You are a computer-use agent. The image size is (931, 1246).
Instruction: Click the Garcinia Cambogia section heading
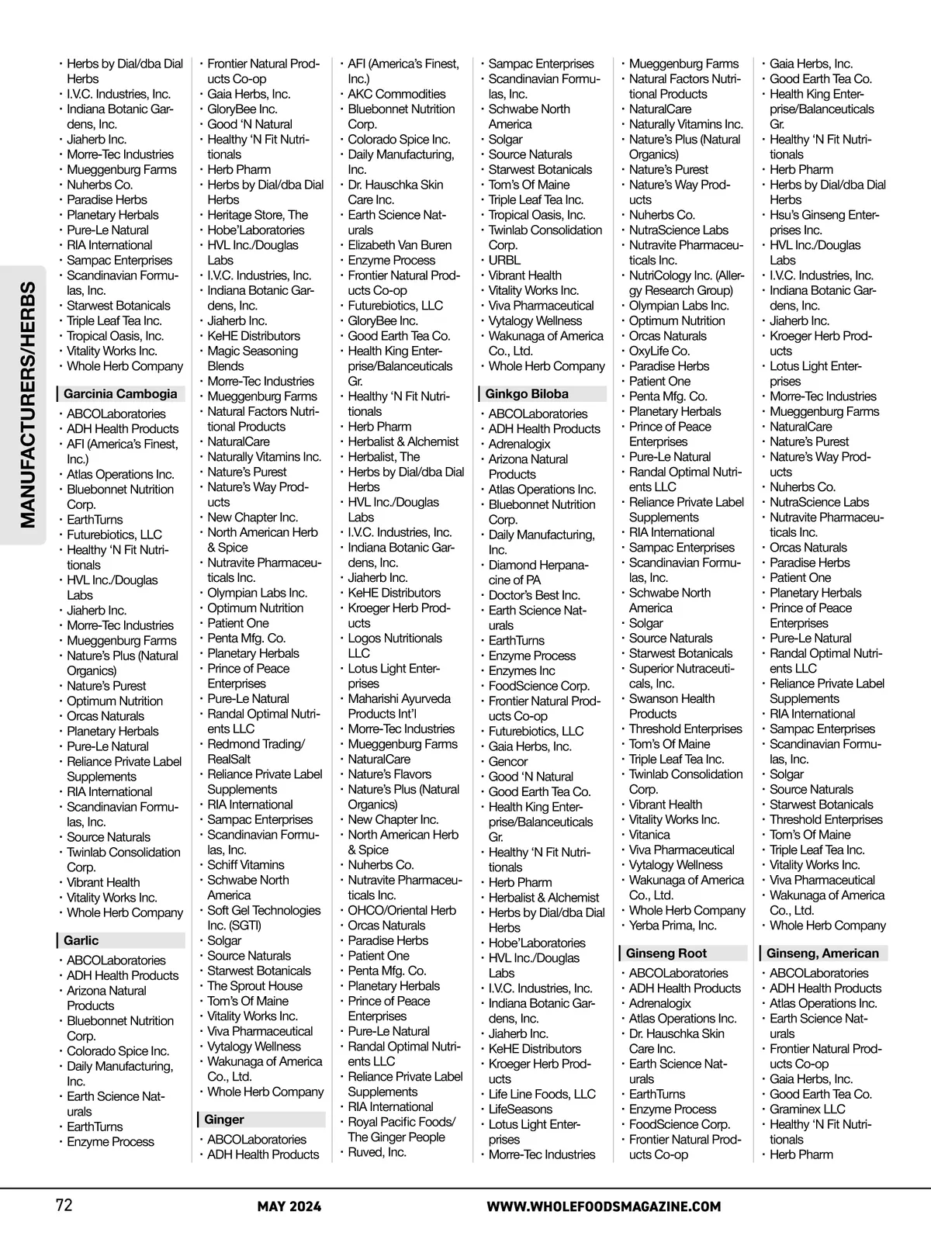120,394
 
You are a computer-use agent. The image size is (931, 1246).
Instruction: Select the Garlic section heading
81,940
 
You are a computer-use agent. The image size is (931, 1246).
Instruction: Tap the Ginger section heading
224,1120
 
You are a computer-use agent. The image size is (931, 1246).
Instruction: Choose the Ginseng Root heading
666,954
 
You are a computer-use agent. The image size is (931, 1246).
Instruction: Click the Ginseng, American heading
822,954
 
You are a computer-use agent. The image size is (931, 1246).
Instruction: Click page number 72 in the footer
64,1206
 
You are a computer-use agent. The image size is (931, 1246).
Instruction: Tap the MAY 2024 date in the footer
289,1206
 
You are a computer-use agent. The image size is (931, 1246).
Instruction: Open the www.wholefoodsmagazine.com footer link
604,1206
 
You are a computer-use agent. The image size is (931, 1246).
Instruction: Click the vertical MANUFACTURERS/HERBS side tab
28,405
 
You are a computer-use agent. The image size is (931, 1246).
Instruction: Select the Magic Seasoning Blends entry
252,358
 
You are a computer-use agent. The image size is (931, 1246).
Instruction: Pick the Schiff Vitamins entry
246,865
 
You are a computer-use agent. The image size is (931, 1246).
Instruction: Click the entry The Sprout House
254,986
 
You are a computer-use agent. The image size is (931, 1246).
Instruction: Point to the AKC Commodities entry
396,94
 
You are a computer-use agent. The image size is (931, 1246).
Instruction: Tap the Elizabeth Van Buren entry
400,245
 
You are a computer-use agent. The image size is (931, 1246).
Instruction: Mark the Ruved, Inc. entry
377,1152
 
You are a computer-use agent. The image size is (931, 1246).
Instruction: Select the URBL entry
504,261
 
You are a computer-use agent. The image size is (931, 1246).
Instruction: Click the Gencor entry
508,762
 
